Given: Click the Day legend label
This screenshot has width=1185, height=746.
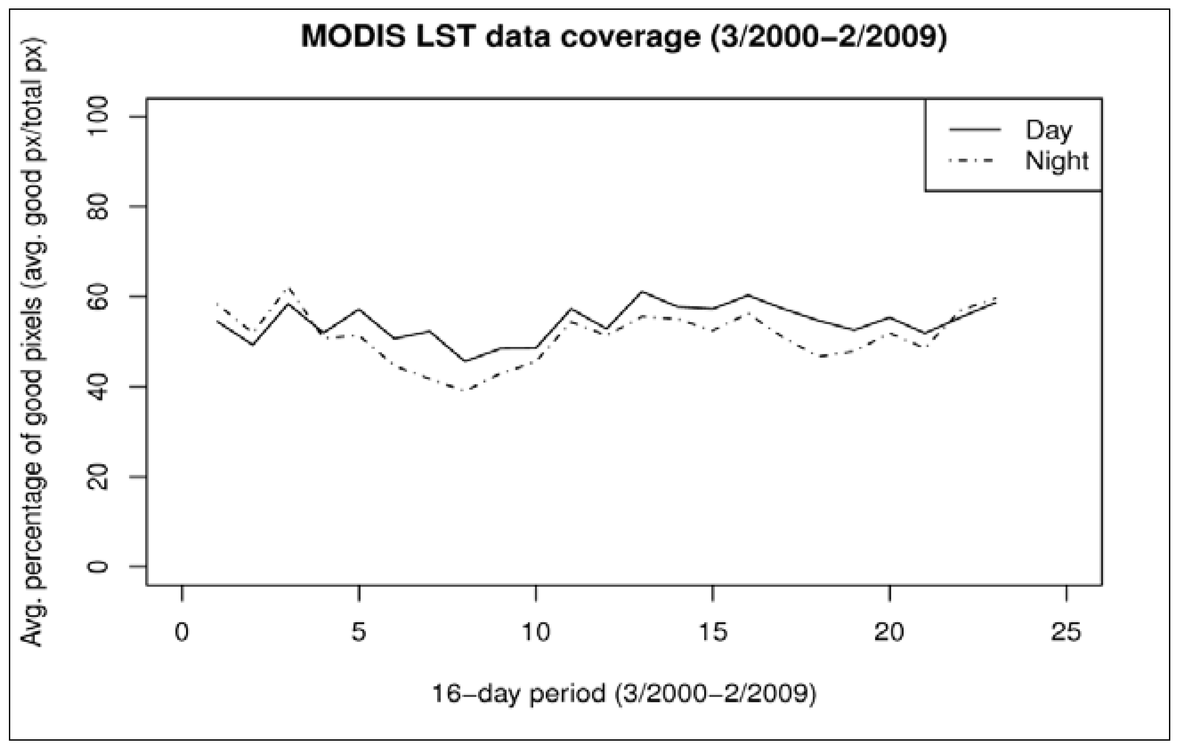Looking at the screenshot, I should tap(1048, 130).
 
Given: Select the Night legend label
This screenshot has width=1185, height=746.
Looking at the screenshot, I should tap(1056, 161).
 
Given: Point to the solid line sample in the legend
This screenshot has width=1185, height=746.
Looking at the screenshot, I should tap(975, 130).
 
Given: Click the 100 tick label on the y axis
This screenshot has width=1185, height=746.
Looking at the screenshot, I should tap(97, 117).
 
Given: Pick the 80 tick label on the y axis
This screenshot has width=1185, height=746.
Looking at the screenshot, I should tap(97, 207).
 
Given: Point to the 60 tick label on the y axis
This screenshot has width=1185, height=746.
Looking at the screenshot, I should tap(97, 297).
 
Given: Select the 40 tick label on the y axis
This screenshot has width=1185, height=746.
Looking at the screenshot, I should tap(97, 387).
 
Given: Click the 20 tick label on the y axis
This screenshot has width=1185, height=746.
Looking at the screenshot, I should tap(97, 477).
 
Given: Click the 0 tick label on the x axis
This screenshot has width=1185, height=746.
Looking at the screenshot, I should tap(182, 632).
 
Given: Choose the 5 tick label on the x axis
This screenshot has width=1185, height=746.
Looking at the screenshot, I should tap(359, 632).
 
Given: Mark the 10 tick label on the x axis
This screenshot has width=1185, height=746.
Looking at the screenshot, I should tap(536, 632).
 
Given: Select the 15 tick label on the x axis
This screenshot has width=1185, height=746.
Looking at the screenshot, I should tap(713, 632).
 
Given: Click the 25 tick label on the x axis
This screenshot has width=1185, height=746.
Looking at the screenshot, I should tap(1066, 632).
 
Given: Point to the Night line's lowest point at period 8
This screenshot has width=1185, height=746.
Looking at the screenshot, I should tap(465, 391).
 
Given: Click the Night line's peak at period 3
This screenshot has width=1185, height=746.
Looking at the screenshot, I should tap(288, 288).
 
